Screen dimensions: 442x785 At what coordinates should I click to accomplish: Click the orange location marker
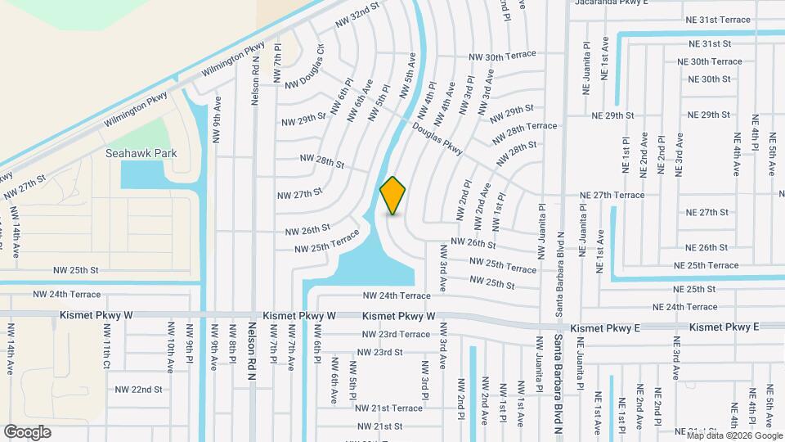(393, 196)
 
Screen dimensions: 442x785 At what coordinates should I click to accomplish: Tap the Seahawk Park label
(141, 153)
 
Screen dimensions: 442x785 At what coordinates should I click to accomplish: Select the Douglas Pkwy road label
(437, 141)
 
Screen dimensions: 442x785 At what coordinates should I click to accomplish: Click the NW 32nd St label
(358, 15)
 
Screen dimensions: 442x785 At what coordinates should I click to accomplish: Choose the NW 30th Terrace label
(502, 56)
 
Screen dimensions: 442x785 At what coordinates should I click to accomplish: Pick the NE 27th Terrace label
(612, 195)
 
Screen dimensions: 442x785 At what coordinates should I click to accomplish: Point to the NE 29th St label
(707, 115)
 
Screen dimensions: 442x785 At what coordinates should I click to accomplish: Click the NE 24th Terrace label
(684, 307)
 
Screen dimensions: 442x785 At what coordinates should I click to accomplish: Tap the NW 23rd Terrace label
(397, 334)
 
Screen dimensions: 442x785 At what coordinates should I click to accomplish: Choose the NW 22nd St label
(139, 390)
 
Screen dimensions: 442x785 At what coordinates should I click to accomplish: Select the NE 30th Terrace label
(710, 61)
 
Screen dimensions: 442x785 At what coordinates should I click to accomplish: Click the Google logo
(27, 431)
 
